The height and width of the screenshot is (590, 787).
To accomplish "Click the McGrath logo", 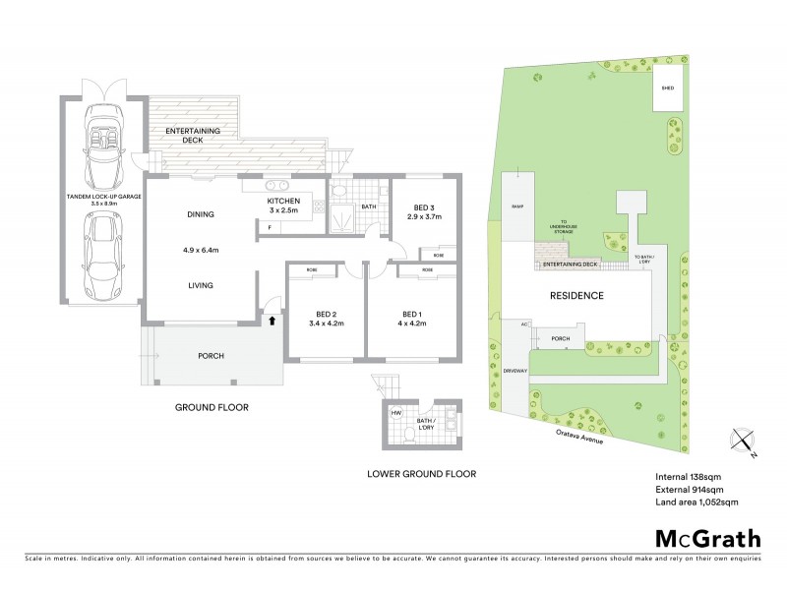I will (708, 538).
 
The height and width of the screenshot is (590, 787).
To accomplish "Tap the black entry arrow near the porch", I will (272, 319).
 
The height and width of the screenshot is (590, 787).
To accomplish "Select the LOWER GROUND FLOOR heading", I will (421, 474).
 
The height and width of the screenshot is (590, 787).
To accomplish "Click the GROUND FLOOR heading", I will (212, 407).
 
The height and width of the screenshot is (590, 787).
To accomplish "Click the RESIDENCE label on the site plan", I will (576, 295).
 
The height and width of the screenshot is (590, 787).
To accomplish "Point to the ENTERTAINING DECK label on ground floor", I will (192, 136).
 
